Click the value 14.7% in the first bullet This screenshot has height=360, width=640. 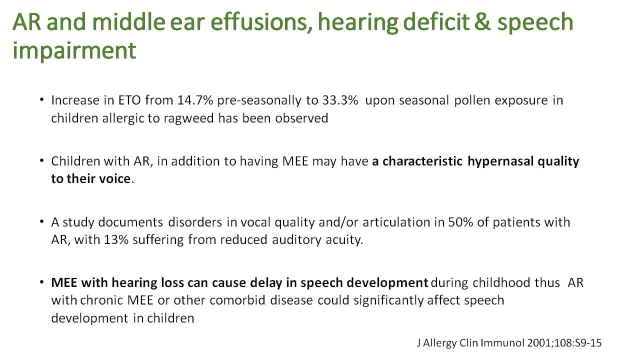pos(195,100)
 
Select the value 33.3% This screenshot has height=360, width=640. pos(340,100)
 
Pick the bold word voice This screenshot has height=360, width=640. pos(114,179)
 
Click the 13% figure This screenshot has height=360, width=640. pos(116,240)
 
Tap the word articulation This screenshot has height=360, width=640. pos(396,222)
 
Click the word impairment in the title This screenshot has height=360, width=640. pos(74,51)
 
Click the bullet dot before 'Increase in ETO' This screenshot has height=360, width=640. pos(41,99)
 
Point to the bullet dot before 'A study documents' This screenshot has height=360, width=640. pos(41,221)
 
